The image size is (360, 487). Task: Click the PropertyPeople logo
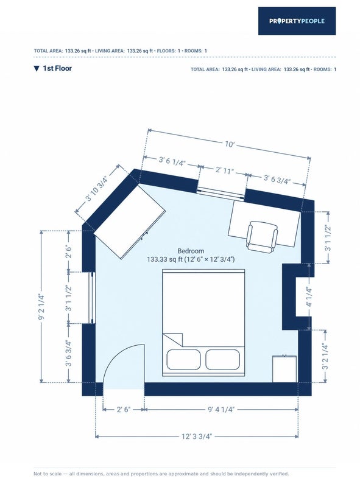click(x=297, y=21)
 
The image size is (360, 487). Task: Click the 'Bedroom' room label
click(x=191, y=251)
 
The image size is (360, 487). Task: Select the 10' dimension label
click(x=230, y=144)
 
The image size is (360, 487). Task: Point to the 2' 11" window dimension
click(x=224, y=170)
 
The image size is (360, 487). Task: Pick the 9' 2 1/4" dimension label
click(x=41, y=307)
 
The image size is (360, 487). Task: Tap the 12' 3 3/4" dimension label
click(x=197, y=436)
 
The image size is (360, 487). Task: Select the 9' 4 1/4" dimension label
click(x=221, y=409)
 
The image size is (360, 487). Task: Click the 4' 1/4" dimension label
click(x=309, y=296)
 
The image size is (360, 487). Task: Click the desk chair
click(x=262, y=237)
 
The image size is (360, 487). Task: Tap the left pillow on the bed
click(x=183, y=360)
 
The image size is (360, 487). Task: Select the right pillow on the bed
click(x=222, y=360)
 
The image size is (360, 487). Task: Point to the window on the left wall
click(x=92, y=298)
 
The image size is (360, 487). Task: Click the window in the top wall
click(x=221, y=193)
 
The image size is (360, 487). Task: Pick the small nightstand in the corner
click(x=284, y=369)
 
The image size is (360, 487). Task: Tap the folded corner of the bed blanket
click(x=173, y=339)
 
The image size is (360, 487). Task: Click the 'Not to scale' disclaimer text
click(x=161, y=474)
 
